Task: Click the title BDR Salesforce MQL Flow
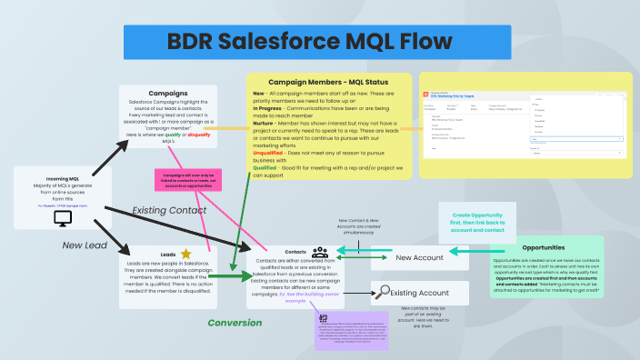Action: point(309,43)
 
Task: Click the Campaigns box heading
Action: point(168,92)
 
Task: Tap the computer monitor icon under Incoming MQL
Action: point(64,218)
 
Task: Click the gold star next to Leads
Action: point(185,254)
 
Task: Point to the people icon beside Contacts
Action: point(319,253)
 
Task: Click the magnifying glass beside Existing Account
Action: point(385,292)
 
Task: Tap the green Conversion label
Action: point(235,323)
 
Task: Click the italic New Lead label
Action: point(85,245)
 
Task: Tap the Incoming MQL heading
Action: point(64,180)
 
